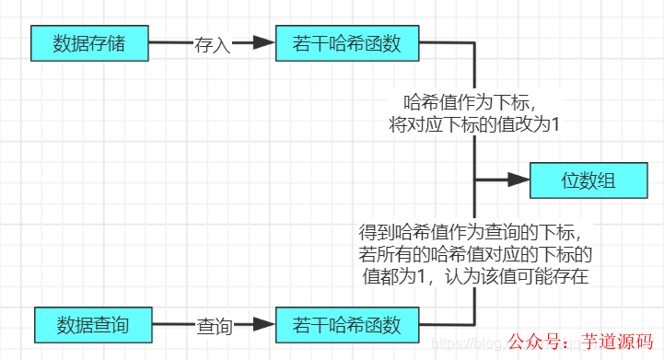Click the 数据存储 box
pos(89,42)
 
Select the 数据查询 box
pos(92,325)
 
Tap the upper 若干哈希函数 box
pos(347,42)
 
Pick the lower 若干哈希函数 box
pos(347,325)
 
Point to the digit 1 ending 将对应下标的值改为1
pos(554,125)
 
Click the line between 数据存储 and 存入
pos(169,42)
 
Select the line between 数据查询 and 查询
pos(172,325)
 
